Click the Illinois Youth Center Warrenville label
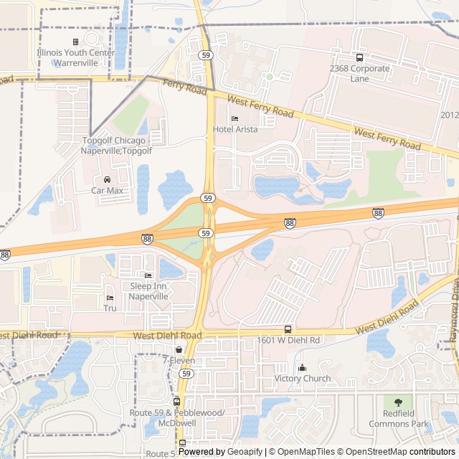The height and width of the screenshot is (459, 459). point(75,57)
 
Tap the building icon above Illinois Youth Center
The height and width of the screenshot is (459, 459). point(75,42)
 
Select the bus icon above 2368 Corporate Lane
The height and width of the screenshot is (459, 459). point(359,58)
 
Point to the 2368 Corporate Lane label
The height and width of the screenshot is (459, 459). point(359,73)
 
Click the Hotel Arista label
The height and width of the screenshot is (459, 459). point(235,130)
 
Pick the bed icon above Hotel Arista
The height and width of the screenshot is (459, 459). point(235,118)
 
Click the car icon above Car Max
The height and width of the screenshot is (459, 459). point(106,179)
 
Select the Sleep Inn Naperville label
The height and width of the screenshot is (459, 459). point(148,290)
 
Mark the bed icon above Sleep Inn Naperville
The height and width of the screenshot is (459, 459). point(148,275)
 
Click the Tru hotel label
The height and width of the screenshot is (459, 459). point(110,308)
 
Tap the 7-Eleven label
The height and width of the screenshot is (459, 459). point(178,361)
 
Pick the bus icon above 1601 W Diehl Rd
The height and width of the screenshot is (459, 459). point(288,328)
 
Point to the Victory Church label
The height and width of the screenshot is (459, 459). point(302,379)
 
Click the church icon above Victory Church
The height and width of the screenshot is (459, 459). point(302,368)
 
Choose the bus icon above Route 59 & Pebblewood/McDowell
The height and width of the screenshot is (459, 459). point(177,402)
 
